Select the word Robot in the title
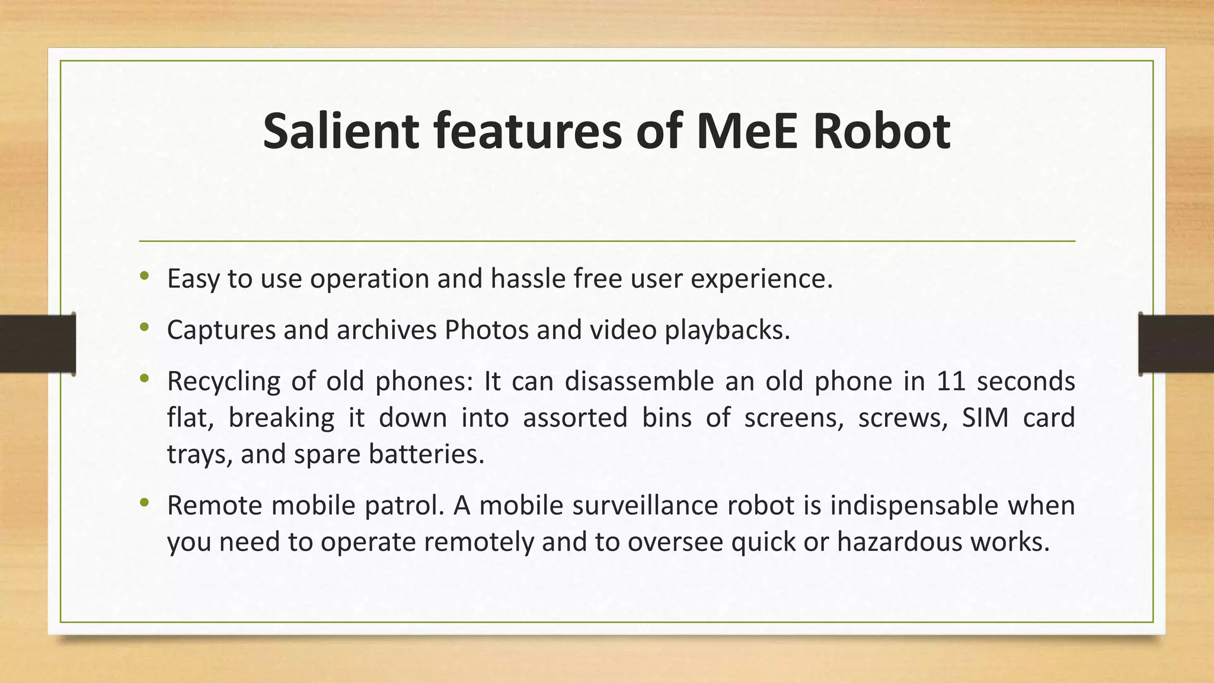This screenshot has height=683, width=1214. [881, 131]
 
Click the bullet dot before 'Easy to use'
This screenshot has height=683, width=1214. [144, 276]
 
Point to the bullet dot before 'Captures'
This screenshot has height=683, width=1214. [144, 327]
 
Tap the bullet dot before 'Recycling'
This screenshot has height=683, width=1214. [144, 378]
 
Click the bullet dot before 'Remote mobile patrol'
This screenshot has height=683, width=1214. [144, 503]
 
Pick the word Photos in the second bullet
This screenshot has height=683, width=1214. [486, 330]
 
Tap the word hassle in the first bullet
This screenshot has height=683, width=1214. [528, 279]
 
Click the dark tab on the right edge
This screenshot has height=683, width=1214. [1176, 344]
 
